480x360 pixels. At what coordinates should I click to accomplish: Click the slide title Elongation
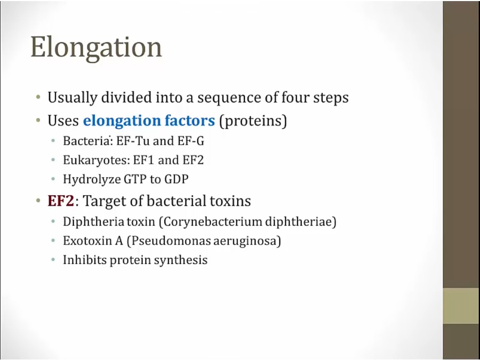click(96, 48)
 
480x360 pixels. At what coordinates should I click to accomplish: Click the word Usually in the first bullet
click(72, 98)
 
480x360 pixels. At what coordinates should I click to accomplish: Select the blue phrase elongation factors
click(149, 121)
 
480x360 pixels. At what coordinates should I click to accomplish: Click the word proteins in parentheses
click(253, 121)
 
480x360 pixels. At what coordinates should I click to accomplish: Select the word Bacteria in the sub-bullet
click(86, 141)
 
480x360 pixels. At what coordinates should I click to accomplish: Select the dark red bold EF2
click(61, 201)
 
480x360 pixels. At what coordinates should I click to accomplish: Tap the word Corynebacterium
click(212, 222)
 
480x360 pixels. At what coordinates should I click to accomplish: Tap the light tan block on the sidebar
click(461, 306)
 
